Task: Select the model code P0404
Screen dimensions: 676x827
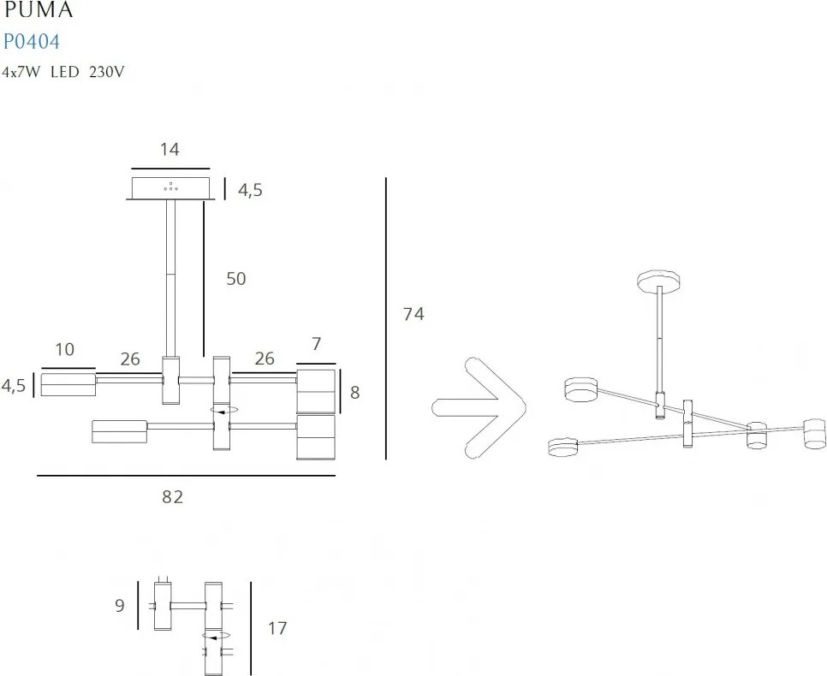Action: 31,41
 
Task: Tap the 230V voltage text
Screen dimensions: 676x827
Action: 107,73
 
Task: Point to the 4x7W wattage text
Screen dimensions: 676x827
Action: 21,73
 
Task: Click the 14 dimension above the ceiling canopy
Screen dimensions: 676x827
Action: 170,149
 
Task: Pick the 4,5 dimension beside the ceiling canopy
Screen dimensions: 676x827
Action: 250,190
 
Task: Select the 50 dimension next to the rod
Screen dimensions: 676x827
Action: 235,279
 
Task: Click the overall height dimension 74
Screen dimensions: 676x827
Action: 413,314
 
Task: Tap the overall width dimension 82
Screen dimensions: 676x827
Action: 173,496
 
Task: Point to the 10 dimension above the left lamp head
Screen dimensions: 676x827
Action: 64,349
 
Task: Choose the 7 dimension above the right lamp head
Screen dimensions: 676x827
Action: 316,344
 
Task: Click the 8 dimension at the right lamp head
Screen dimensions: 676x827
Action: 354,394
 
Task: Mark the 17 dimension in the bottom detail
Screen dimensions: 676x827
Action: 277,629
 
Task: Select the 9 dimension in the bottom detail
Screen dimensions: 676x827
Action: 120,606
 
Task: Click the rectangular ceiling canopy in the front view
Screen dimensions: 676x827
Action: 170,188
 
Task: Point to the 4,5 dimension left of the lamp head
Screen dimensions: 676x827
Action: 14,385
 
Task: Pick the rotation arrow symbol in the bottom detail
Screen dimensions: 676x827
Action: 216,636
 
